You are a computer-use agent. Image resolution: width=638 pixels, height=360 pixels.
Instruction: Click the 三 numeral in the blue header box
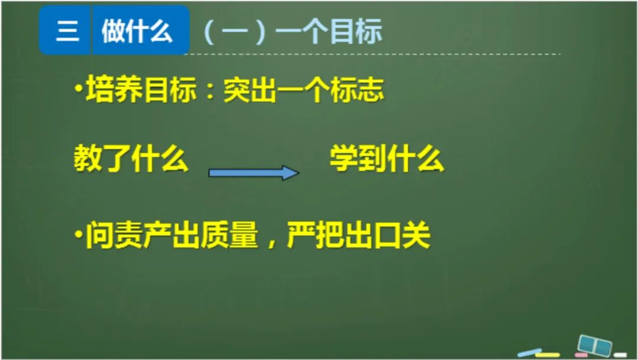(x=67, y=31)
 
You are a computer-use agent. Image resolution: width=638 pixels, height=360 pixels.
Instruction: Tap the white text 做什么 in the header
(x=137, y=31)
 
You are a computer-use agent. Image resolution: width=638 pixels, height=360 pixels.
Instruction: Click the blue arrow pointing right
(x=254, y=173)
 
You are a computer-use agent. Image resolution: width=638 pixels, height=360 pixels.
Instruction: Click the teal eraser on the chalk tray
(x=594, y=345)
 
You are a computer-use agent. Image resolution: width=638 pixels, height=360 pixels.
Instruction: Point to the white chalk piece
(x=620, y=355)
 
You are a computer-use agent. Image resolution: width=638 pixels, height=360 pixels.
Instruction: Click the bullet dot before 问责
(x=78, y=236)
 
